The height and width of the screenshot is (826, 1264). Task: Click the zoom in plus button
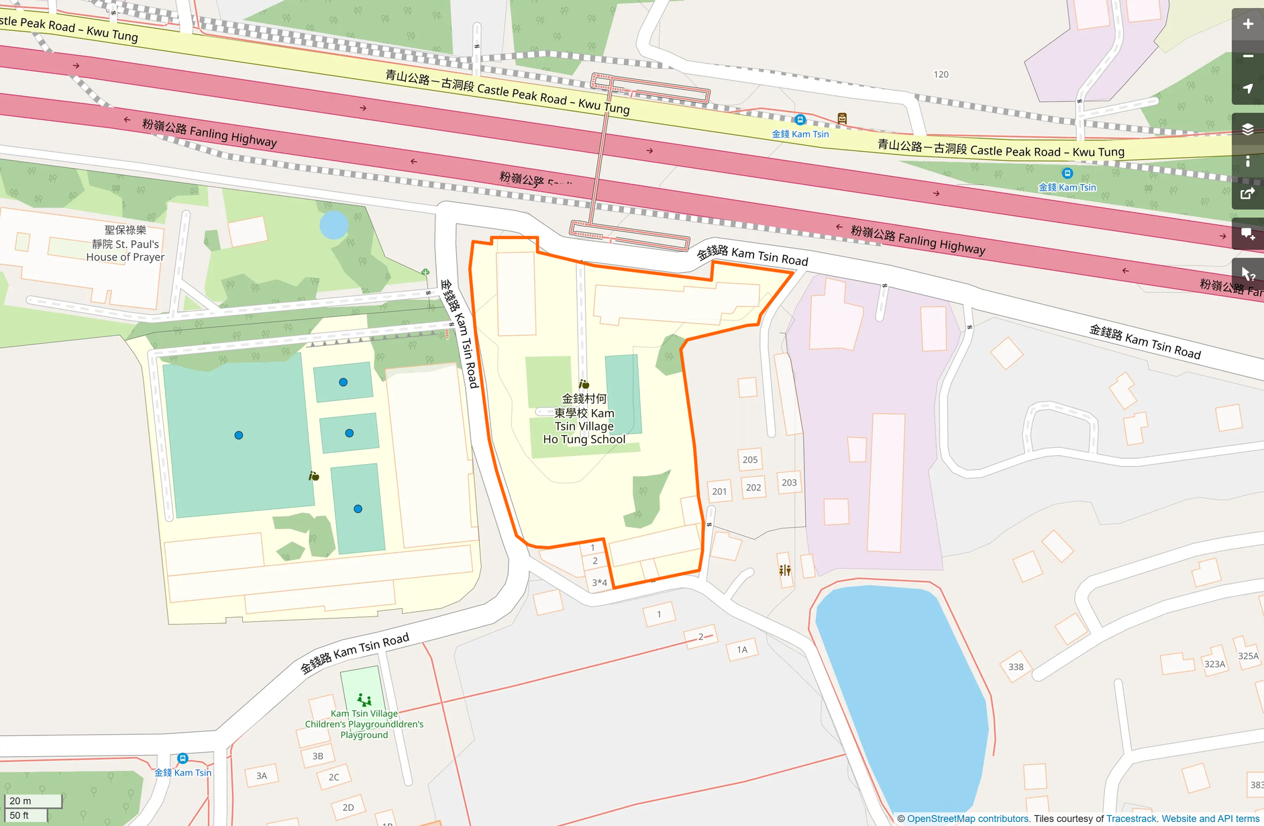[x=1247, y=24]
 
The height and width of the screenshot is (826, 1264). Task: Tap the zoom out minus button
[x=1247, y=56]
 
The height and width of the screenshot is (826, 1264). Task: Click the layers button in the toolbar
[x=1247, y=129]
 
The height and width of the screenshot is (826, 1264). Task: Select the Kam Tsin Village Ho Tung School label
[x=584, y=419]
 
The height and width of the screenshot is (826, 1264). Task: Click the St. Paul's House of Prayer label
[x=125, y=244]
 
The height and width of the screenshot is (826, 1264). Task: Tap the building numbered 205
[x=750, y=459]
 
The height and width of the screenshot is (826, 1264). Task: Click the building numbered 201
[x=719, y=491]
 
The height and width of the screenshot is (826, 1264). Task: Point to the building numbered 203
[x=789, y=482]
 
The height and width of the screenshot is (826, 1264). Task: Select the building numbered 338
[x=1016, y=666]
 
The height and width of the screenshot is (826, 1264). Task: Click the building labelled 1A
[x=742, y=649]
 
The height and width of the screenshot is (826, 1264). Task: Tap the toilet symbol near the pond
[x=785, y=570]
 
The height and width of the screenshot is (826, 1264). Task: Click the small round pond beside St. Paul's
[x=334, y=225]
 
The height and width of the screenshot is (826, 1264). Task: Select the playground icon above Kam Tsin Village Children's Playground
[x=364, y=699]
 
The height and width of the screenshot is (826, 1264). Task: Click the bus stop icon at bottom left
[x=182, y=759]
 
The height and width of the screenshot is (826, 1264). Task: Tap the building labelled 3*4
[x=599, y=582]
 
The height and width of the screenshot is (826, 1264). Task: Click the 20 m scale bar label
[x=21, y=800]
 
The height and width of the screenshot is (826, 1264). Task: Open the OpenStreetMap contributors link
[x=967, y=819]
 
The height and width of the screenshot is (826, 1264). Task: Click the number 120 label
[x=941, y=75]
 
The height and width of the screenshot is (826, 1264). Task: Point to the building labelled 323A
[x=1214, y=663]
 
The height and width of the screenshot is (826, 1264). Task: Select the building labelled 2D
[x=348, y=807]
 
